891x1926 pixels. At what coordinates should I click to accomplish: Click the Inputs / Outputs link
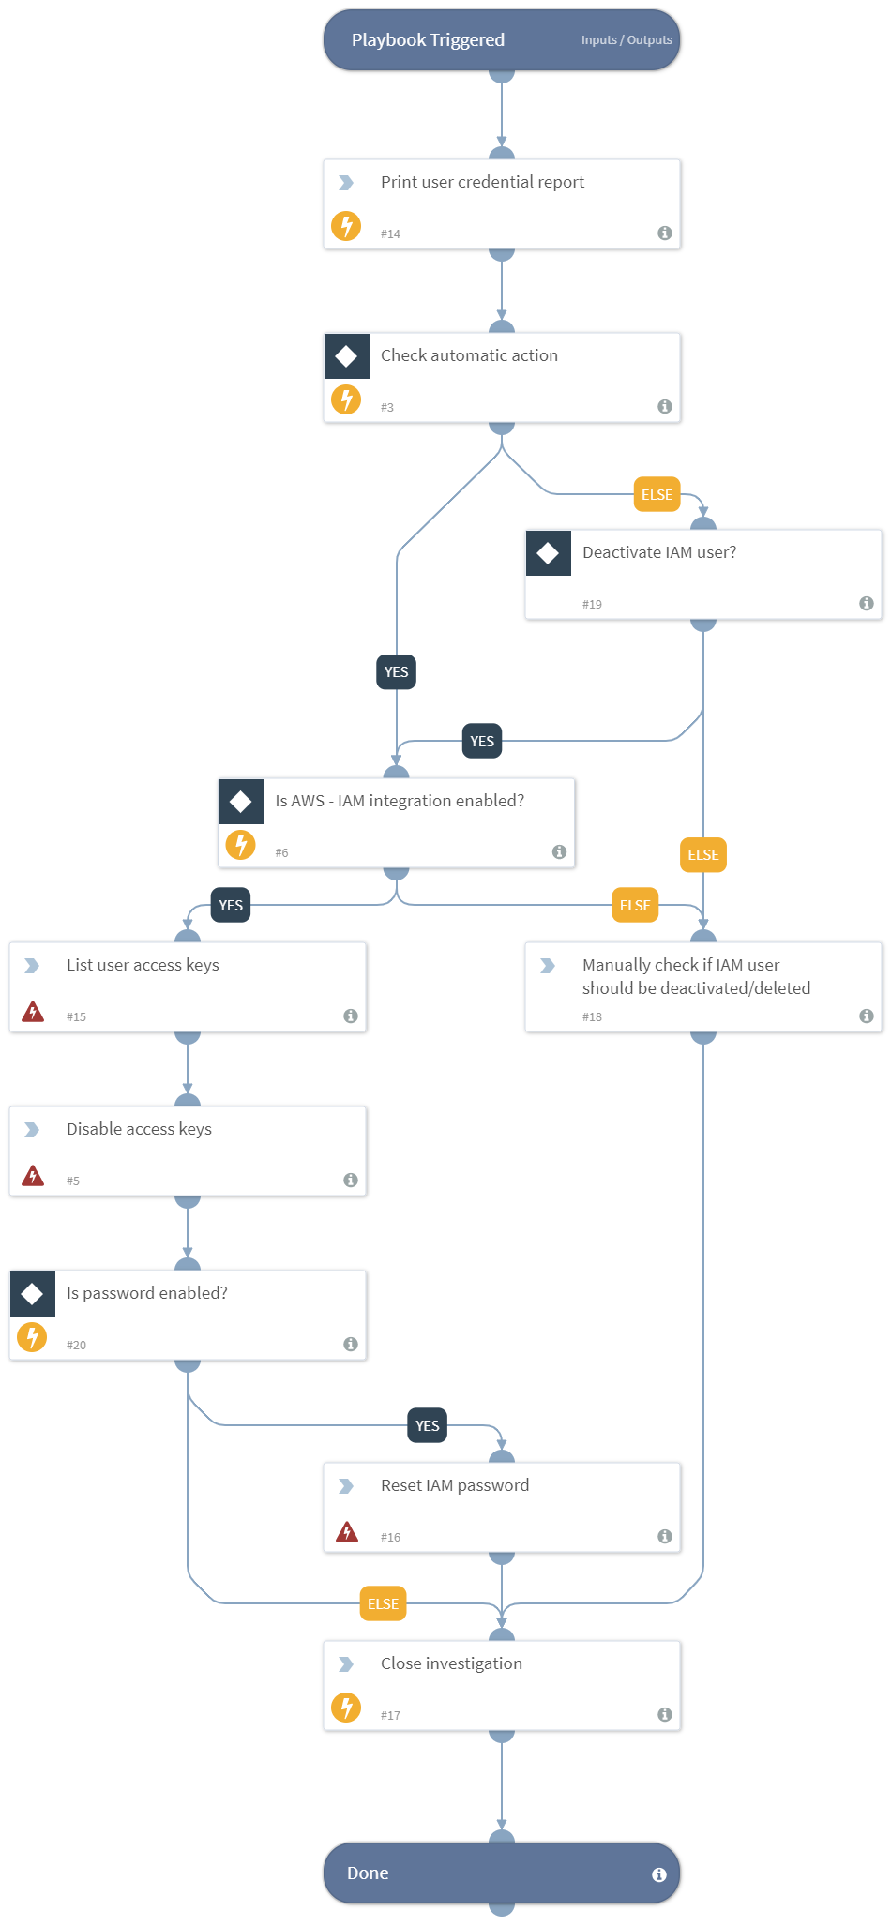pyautogui.click(x=627, y=40)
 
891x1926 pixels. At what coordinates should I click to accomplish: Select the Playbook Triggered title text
pyautogui.click(x=428, y=40)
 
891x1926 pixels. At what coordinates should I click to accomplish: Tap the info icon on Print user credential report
pyautogui.click(x=665, y=233)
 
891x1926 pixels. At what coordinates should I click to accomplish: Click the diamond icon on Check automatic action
pyautogui.click(x=346, y=356)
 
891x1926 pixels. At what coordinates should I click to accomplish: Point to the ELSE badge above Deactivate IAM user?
pyautogui.click(x=657, y=495)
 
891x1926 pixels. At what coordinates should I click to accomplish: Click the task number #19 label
pyautogui.click(x=592, y=604)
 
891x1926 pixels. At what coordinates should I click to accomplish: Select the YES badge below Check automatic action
pyautogui.click(x=396, y=672)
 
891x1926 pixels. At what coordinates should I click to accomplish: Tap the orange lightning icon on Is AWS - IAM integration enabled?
pyautogui.click(x=241, y=845)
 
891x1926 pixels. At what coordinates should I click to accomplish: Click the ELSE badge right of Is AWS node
pyautogui.click(x=635, y=906)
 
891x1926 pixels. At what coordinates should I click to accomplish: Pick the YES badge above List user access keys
pyautogui.click(x=231, y=906)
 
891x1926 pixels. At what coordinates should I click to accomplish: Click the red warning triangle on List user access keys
pyautogui.click(x=33, y=1012)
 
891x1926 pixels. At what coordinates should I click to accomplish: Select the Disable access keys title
pyautogui.click(x=139, y=1129)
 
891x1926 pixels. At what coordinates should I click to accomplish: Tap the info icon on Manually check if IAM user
pyautogui.click(x=867, y=1016)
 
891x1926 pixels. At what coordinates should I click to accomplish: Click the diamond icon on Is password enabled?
pyautogui.click(x=32, y=1294)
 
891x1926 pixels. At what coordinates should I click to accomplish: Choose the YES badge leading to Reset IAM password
pyautogui.click(x=427, y=1426)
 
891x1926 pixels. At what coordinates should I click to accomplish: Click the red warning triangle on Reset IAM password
pyautogui.click(x=347, y=1532)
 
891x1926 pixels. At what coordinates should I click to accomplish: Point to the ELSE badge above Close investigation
pyautogui.click(x=383, y=1604)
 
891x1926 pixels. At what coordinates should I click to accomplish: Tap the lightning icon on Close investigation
pyautogui.click(x=346, y=1708)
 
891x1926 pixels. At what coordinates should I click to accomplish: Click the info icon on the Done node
pyautogui.click(x=659, y=1874)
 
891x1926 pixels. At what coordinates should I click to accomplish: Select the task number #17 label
pyautogui.click(x=390, y=1715)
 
